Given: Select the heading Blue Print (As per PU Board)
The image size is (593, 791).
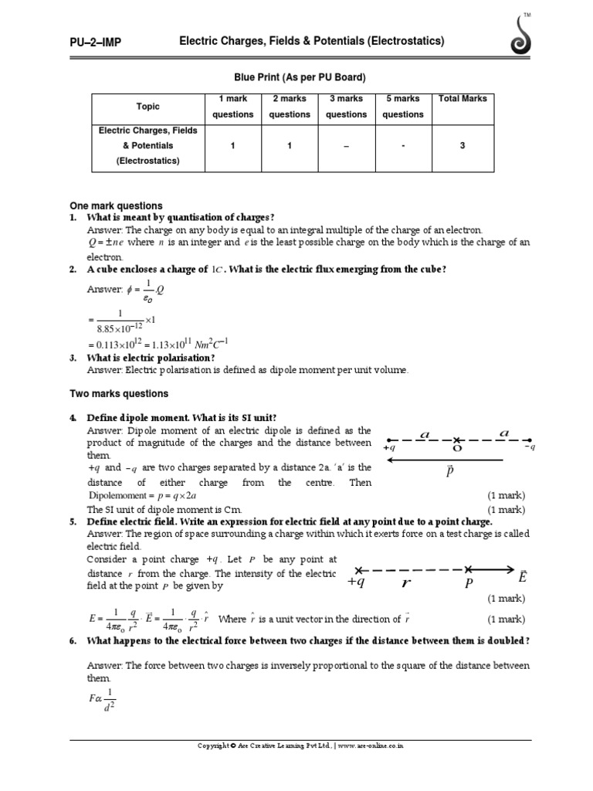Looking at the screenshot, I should tap(300, 77).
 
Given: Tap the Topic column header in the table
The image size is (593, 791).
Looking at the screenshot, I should tap(147, 107).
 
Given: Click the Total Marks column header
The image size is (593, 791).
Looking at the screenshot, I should tap(463, 99).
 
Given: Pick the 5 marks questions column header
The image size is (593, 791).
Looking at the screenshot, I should tap(403, 107).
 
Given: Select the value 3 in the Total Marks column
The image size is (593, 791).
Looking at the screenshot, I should tap(463, 145).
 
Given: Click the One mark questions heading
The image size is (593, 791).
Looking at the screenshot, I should tap(117, 205).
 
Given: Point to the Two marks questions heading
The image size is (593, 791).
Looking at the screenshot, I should tap(118, 394).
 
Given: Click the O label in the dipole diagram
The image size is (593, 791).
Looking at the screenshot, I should tap(457, 447).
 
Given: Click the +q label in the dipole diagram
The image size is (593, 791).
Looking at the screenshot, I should tap(389, 447).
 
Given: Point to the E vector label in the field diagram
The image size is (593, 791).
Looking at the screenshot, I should tap(523, 577).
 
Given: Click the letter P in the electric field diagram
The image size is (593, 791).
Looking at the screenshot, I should tap(467, 585).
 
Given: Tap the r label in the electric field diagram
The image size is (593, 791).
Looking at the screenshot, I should tap(405, 584).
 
